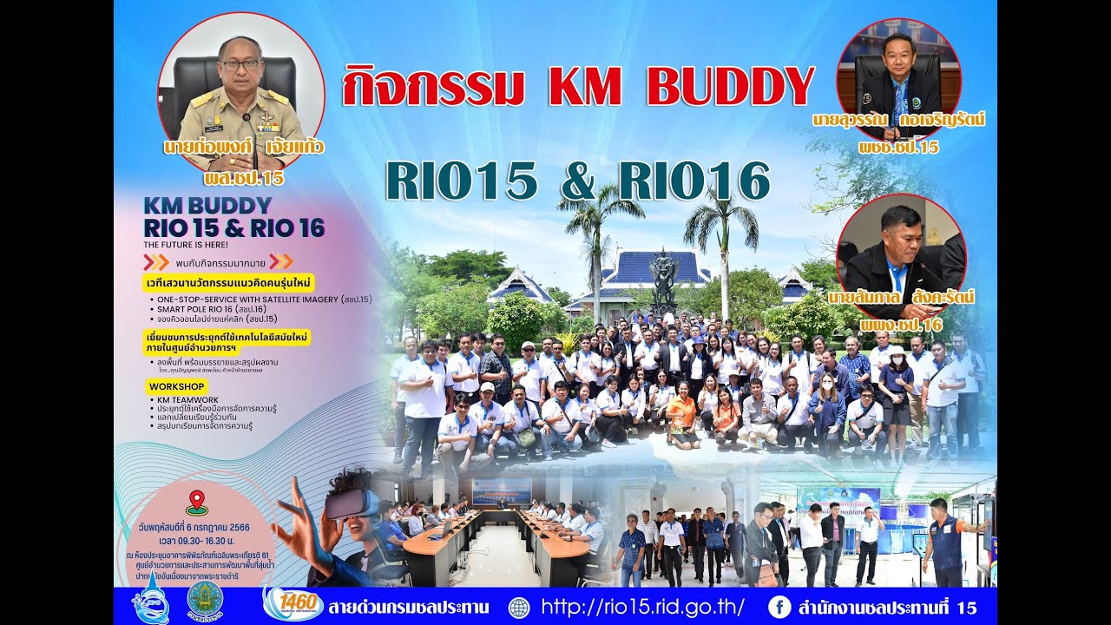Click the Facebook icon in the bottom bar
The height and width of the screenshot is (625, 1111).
pyautogui.click(x=779, y=607)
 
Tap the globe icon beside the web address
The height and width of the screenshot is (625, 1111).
pyautogui.click(x=518, y=607)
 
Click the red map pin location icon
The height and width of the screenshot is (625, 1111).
pyautogui.click(x=197, y=502)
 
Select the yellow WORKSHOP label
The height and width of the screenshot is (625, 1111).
pyautogui.click(x=176, y=386)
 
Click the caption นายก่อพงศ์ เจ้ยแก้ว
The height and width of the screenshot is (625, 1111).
pyautogui.click(x=243, y=147)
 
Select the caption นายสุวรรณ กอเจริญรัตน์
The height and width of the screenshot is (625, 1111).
pyautogui.click(x=898, y=119)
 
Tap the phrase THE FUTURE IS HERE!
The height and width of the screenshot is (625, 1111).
pyautogui.click(x=186, y=245)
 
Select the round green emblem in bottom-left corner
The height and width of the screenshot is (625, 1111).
pyautogui.click(x=205, y=600)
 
